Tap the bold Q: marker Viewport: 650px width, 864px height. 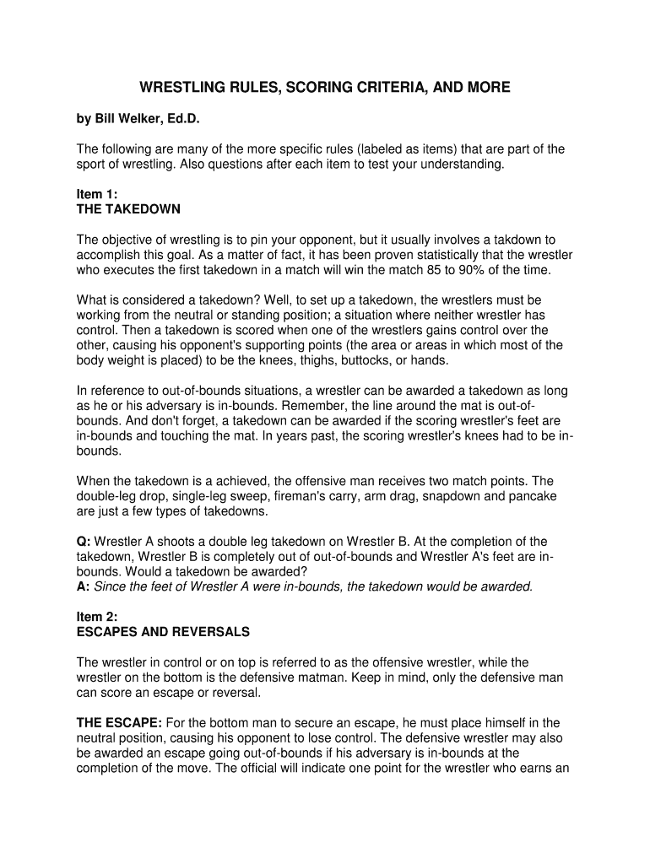tap(84, 541)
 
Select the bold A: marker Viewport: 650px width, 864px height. tap(84, 586)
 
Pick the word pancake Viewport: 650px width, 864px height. tap(533, 496)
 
